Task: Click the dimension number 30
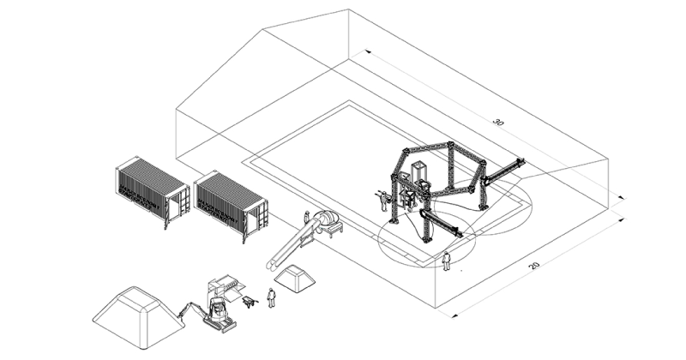click(x=498, y=122)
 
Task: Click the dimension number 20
click(x=533, y=265)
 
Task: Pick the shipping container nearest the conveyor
click(x=231, y=206)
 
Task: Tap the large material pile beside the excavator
click(x=138, y=317)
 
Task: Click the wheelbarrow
click(x=249, y=301)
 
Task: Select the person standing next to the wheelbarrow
click(x=271, y=297)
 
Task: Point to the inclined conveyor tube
click(x=292, y=243)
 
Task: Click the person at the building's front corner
click(x=446, y=261)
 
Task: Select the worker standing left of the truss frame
click(x=384, y=201)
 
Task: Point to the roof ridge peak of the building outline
click(x=349, y=9)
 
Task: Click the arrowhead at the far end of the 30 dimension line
click(x=368, y=51)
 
